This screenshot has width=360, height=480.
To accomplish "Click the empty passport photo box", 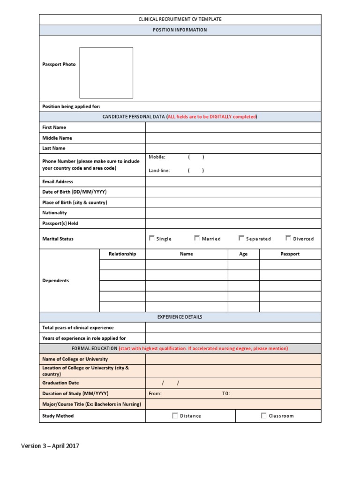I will point(106,73).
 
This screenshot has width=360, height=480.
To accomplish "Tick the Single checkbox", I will point(151,238).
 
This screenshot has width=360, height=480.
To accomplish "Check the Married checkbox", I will point(197,238).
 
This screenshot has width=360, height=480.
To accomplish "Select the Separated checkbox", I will point(241,238).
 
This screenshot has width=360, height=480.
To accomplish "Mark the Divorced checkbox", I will point(288,238).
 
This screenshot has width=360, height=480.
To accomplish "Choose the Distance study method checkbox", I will point(175,415).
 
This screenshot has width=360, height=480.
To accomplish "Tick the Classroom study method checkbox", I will point(263,415).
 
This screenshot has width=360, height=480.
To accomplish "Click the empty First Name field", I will point(233,127).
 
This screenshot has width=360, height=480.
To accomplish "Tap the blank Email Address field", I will point(233,181).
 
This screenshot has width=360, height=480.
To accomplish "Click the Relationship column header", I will point(122,254).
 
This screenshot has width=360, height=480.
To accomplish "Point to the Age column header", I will point(243,254).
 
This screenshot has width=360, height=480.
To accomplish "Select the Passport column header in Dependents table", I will point(290,254).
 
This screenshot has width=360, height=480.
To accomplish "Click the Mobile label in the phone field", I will point(157,157).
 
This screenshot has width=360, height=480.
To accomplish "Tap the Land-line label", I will point(159,171).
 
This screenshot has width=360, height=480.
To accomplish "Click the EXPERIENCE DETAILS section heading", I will point(180,317).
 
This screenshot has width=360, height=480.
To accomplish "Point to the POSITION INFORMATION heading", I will point(180,30).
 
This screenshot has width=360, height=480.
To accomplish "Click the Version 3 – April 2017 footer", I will point(50,446).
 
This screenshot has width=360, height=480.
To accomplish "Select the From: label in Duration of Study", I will point(155,394).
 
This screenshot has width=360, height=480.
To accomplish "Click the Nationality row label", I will point(54,213).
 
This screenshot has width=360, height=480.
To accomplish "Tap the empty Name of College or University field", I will point(233,359).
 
